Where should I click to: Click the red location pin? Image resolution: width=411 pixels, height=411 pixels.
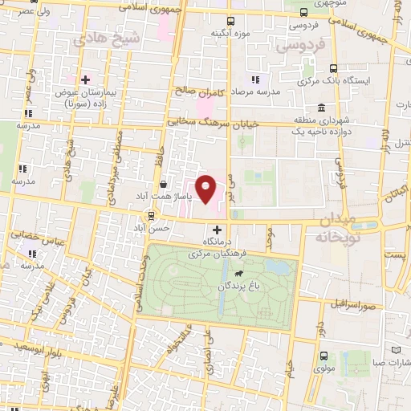207,189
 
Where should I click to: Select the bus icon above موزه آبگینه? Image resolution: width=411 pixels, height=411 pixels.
231,22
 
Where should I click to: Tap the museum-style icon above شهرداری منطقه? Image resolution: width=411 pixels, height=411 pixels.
321,108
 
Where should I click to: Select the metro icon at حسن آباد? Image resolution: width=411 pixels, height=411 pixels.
150,215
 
